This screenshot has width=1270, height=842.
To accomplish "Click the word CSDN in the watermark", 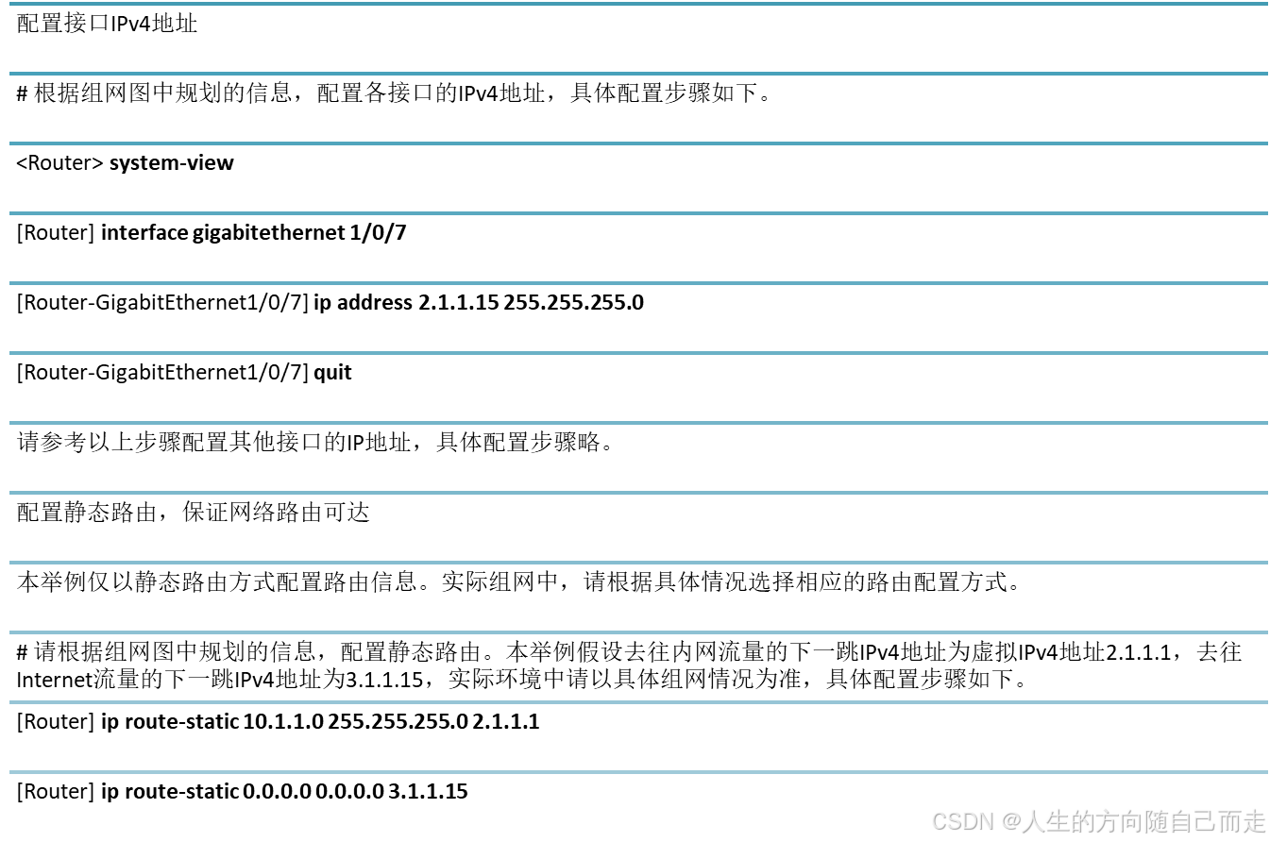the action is tap(961, 821).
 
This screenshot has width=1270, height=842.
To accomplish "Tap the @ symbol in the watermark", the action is tap(1009, 821).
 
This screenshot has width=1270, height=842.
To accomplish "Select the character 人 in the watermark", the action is tap(1032, 821).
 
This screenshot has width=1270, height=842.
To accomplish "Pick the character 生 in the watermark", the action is tap(1057, 821).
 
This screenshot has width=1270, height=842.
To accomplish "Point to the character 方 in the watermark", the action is tap(1106, 821).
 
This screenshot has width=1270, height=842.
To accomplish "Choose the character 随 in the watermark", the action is tap(1155, 821).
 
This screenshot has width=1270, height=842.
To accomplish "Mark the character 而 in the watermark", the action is tap(1228, 821).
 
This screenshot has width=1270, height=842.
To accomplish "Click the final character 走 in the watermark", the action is tap(1253, 821).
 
